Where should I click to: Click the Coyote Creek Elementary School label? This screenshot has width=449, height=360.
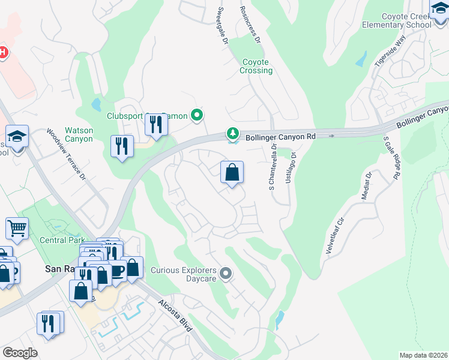coord(397,20)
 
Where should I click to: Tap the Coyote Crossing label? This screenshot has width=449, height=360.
coord(257,66)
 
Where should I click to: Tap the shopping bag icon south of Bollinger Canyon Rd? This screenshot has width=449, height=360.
coord(232,173)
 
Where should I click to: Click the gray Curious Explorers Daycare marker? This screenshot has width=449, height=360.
coord(226,274)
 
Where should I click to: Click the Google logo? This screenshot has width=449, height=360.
coord(20,352)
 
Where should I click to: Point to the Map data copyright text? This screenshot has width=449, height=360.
coord(423,355)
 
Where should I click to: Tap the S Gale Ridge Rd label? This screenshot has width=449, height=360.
coord(391,157)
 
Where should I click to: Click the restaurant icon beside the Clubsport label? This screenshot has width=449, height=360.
coord(156,125)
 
